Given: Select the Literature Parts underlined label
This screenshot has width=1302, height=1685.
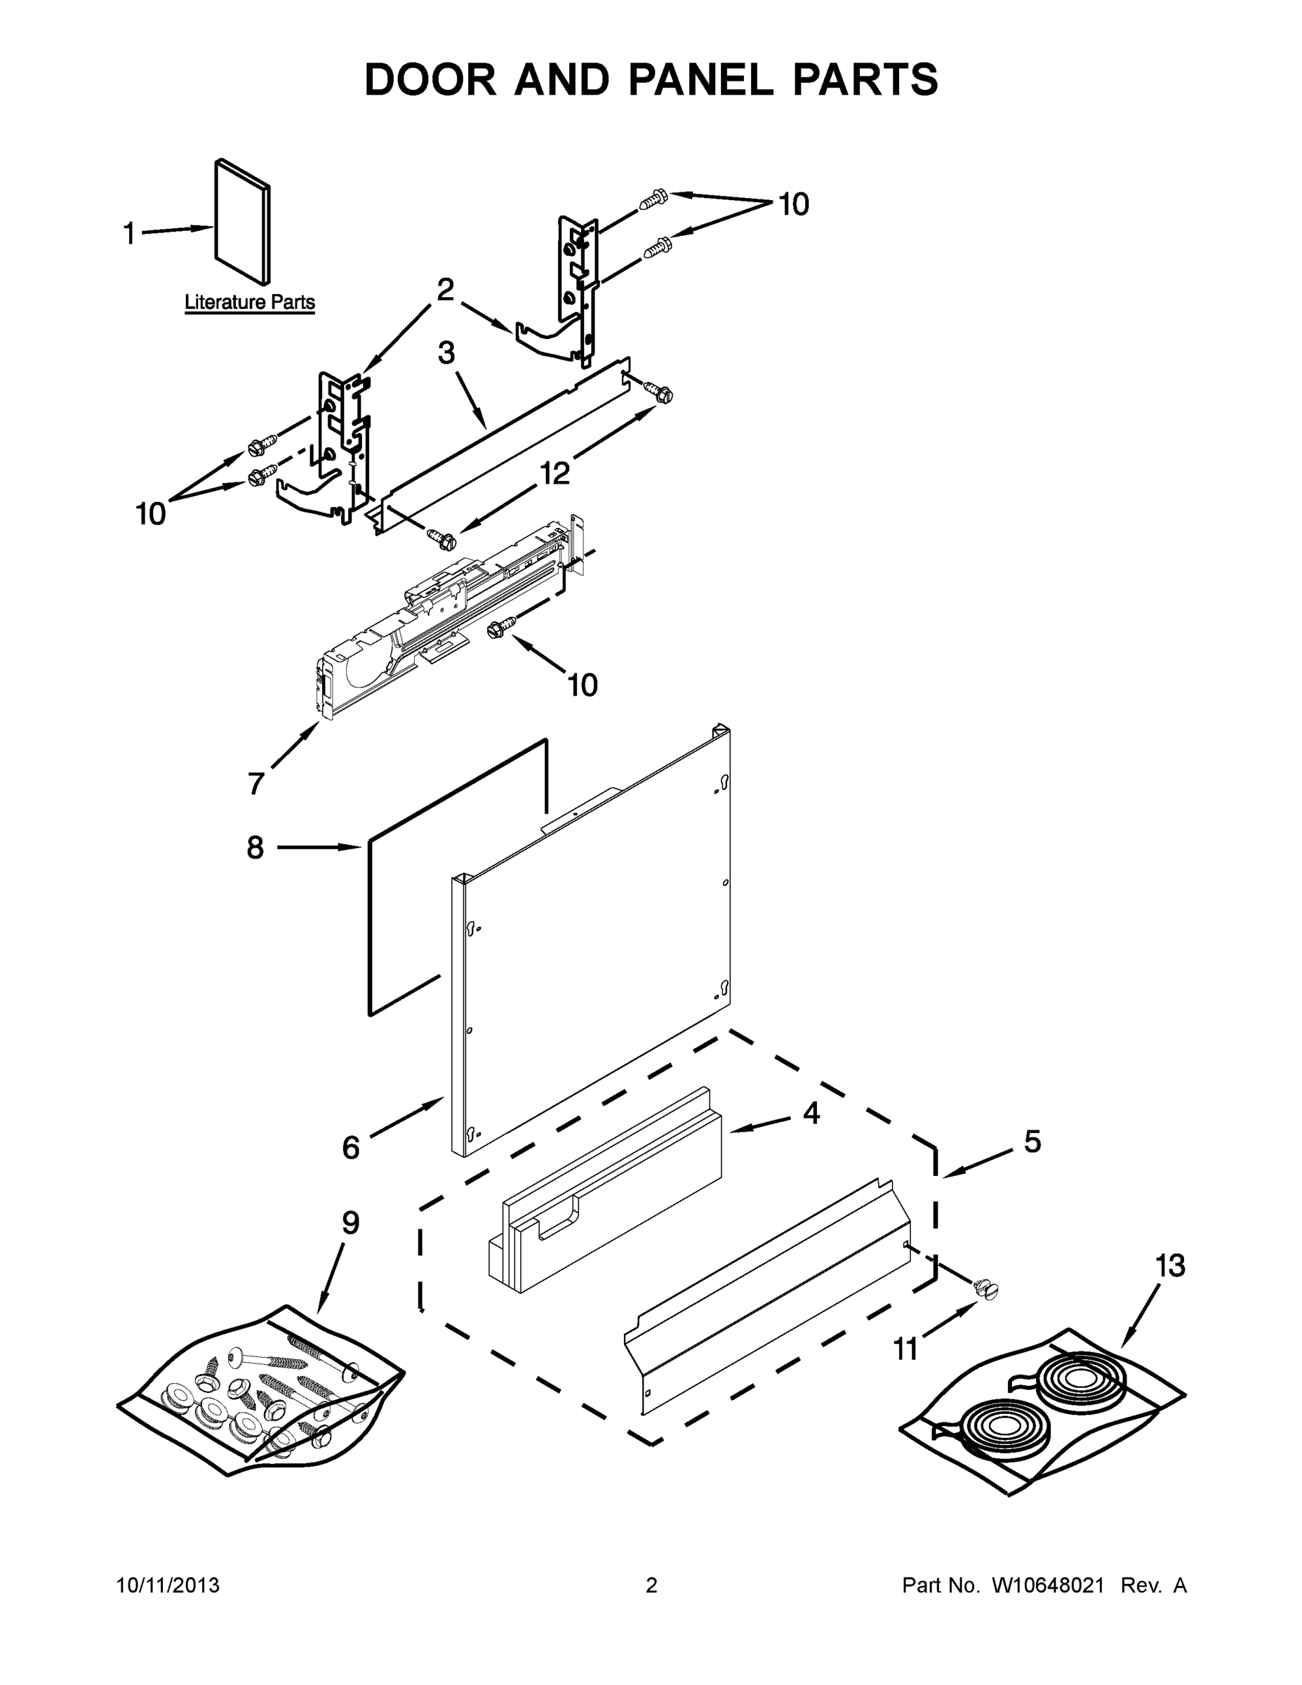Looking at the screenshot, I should tap(249, 303).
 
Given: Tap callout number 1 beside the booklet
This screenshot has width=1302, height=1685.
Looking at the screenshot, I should tap(130, 233).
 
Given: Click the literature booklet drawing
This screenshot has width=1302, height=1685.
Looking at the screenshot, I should tap(242, 221).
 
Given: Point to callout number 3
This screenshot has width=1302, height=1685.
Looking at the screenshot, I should tap(446, 352).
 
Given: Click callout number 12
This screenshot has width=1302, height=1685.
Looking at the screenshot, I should tap(554, 473).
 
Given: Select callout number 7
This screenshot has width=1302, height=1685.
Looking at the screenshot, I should tap(257, 783).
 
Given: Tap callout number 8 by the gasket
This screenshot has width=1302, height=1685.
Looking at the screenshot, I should tap(255, 847).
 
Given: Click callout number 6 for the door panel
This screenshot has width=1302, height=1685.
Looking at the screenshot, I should tap(351, 1148).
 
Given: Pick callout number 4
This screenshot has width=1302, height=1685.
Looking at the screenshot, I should tap(811, 1113).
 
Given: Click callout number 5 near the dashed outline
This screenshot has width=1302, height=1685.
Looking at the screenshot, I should tap(1032, 1141).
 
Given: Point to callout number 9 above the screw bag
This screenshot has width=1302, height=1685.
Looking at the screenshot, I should tap(350, 1223).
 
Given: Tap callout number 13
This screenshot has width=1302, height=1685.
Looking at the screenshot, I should tap(1170, 1265).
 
